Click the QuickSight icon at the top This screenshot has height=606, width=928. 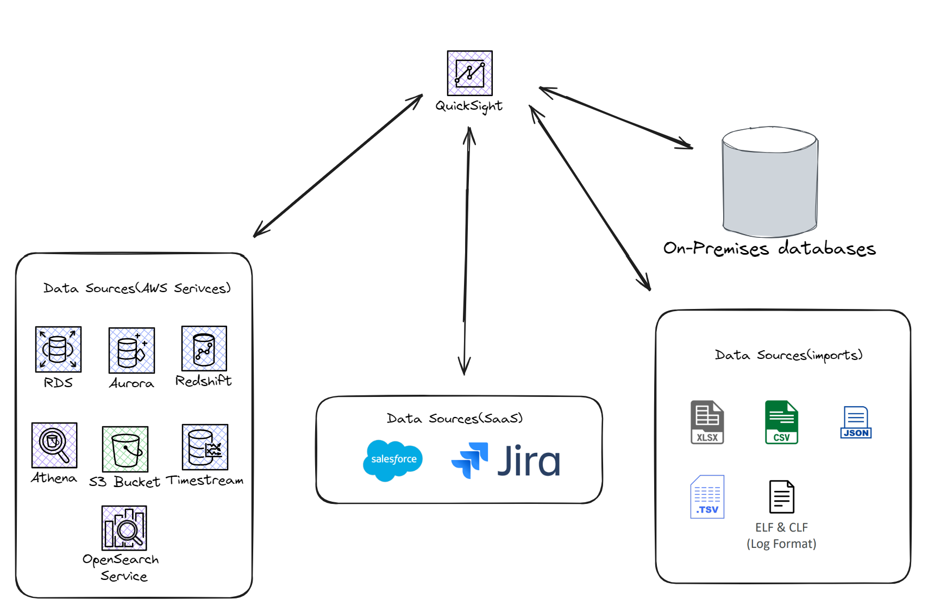(469, 73)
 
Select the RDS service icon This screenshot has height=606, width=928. (58, 349)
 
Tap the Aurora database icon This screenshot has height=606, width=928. (131, 350)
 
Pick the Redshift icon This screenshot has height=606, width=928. (204, 349)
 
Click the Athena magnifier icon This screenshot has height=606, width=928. (54, 445)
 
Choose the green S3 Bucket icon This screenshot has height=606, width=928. (125, 449)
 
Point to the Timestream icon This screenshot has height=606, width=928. (205, 447)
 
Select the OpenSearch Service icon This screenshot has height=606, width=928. (124, 528)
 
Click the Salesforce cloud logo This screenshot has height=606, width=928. (393, 460)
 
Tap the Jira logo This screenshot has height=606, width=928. (506, 460)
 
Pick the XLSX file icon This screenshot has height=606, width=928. (707, 422)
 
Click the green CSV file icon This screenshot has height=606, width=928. (781, 422)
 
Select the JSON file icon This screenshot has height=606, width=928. (856, 422)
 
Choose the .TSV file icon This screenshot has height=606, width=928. (707, 497)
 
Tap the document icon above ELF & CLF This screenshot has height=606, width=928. (781, 497)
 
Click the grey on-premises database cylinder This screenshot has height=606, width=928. (770, 182)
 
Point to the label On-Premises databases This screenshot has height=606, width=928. (769, 249)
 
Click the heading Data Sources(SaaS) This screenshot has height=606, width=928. (455, 419)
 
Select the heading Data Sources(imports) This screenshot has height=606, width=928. (788, 355)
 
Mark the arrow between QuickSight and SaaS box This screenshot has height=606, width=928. (466, 250)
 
